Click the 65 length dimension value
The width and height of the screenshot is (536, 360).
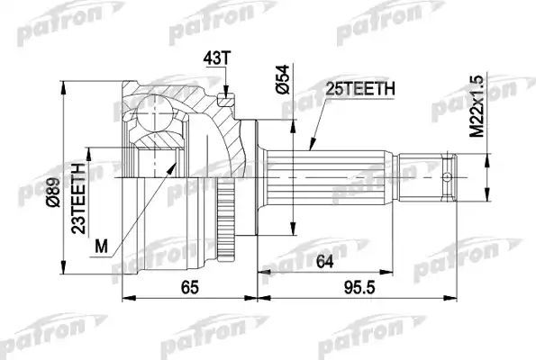point(188,290)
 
